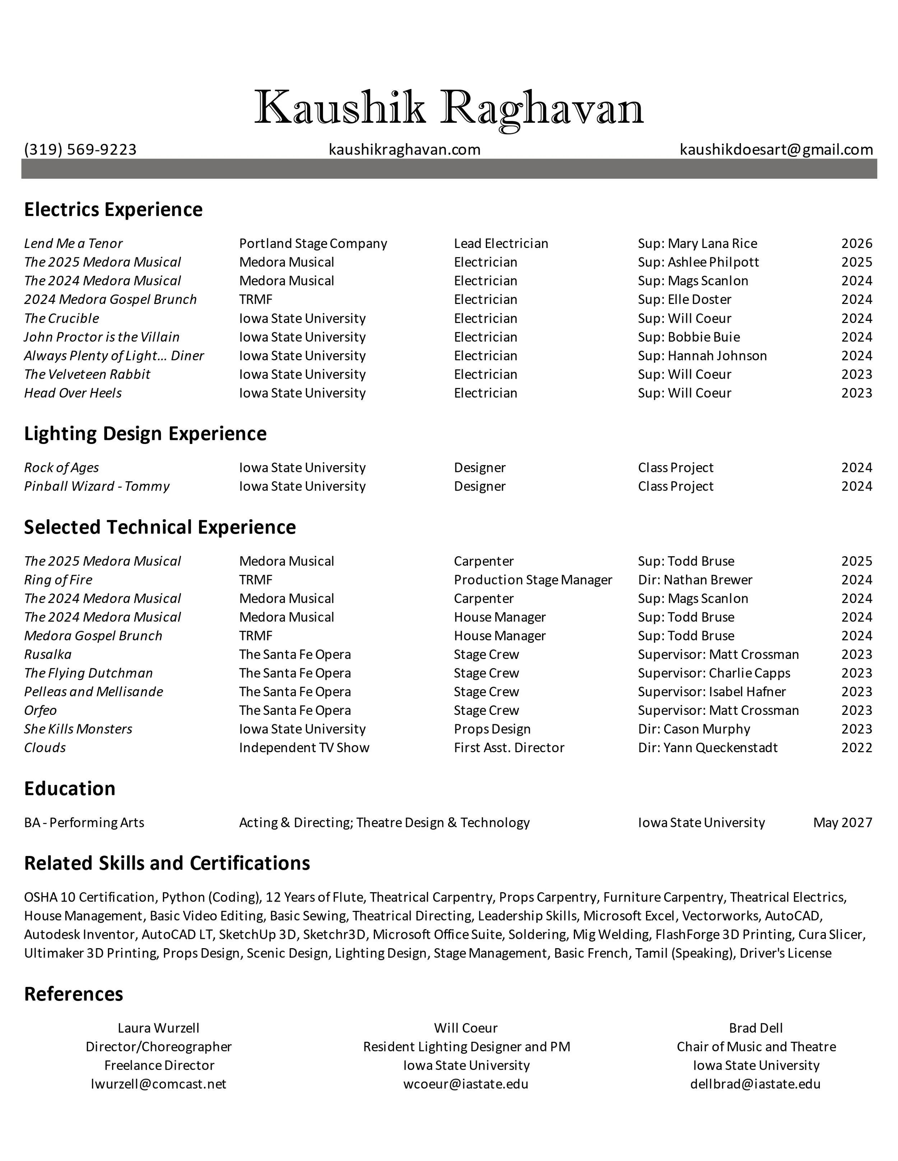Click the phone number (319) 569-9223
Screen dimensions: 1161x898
80,149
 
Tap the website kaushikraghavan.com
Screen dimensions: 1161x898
404,149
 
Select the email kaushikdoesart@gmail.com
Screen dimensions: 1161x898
776,149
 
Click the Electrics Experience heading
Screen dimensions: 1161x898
113,210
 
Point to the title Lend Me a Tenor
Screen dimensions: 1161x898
73,243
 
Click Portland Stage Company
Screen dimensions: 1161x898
313,243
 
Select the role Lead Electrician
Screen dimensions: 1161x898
501,243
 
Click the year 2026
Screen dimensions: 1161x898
856,243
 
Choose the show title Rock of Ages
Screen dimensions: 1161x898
62,468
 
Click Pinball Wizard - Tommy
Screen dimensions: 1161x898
97,486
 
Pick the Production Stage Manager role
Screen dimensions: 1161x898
533,580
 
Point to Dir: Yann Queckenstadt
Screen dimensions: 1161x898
708,748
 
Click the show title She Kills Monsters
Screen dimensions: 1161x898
78,729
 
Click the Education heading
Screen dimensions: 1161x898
70,788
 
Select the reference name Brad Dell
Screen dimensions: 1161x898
755,1028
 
